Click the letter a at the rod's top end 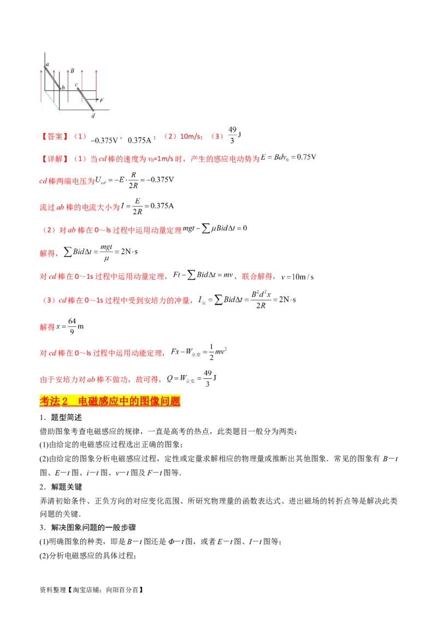tap(48, 64)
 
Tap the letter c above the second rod tap(76, 85)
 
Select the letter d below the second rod tap(93, 115)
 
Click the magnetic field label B tap(72, 71)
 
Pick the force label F tap(102, 100)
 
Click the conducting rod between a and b tap(53, 77)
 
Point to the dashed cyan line tap(52, 100)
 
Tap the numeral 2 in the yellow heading tap(64, 401)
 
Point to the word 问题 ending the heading tap(170, 401)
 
